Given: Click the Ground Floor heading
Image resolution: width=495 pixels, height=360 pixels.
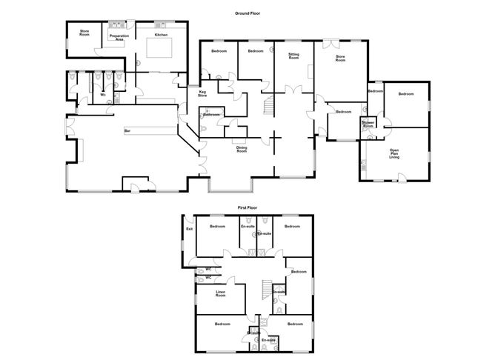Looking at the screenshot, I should pos(247,13).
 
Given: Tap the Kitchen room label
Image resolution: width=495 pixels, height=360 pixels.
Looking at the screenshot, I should pos(162,35).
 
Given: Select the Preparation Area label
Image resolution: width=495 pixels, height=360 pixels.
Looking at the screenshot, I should pos(119,37).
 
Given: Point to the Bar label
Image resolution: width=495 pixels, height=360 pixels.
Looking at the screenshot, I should pos(127,132).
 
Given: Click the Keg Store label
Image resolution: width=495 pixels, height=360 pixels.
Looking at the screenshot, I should pos(202,94).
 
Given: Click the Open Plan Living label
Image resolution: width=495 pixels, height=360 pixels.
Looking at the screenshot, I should pos(395,154).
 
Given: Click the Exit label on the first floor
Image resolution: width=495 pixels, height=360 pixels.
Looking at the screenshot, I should pos(189,229).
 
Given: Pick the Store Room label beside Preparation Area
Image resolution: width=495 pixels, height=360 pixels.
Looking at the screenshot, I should pos(80,33).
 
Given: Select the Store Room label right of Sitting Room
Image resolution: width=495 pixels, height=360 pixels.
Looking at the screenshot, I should pos(340,59).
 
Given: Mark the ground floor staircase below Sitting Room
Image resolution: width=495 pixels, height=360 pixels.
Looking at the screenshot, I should pos(270,104).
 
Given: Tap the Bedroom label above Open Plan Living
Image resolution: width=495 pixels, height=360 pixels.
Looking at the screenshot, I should pos(405,94).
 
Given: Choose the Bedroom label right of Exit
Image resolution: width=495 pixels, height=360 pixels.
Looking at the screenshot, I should pos(217,226).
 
